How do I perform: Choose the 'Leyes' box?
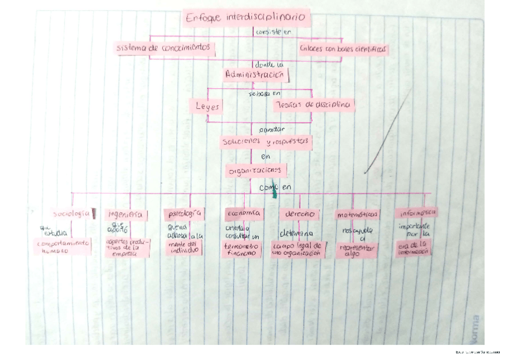[x=207, y=106]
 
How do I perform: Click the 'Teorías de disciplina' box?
[x=313, y=105]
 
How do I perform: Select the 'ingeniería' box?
[x=126, y=215]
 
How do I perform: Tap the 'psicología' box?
[x=183, y=213]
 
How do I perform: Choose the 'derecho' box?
[x=299, y=214]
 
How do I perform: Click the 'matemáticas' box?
[x=357, y=215]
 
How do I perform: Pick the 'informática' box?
[x=416, y=212]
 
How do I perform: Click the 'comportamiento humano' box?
[x=63, y=247]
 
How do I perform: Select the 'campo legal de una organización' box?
[x=297, y=249]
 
